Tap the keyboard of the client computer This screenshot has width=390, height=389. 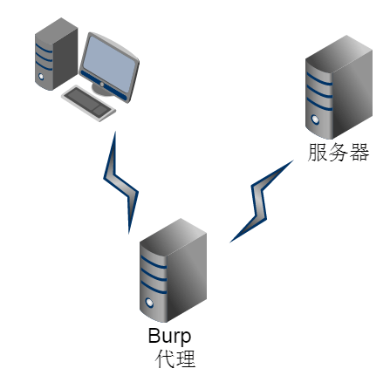tap(89, 103)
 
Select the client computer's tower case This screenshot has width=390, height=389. tap(56, 54)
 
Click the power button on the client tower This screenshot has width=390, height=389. tap(41, 77)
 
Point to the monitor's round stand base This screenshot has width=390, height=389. tap(102, 90)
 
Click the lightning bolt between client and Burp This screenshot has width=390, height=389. tap(120, 182)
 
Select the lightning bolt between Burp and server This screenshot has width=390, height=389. tap(261, 201)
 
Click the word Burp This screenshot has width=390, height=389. tap(169, 336)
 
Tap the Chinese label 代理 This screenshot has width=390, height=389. tap(175, 359)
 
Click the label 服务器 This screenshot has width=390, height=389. tap(339, 152)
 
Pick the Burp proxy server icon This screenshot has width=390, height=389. tap(173, 270)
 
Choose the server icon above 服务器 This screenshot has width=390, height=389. tap(339, 87)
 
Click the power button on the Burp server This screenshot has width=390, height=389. tap(149, 303)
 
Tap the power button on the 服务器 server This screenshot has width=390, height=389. tap(315, 119)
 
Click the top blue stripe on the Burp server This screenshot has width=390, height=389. tap(154, 263)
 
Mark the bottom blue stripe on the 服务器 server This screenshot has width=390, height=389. tap(319, 105)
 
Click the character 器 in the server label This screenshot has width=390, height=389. tap(359, 152)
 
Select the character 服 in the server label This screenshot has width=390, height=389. tap(318, 152)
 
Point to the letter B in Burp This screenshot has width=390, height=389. tap(154, 335)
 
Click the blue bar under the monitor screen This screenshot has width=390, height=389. tap(105, 85)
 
